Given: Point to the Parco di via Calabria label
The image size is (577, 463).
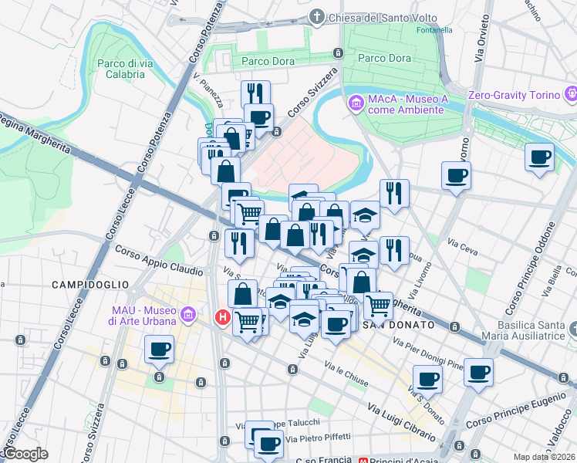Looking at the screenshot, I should [x=120, y=69].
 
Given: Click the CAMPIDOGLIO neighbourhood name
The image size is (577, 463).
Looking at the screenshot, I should [x=83, y=285].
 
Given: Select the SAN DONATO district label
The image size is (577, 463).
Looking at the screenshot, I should [x=392, y=325].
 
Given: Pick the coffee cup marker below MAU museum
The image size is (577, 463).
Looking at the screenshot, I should [x=160, y=349].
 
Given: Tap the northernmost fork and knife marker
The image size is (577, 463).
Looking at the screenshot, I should [x=255, y=93].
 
